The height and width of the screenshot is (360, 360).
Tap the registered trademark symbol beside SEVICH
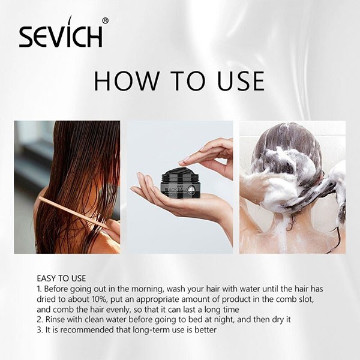pos(105,21)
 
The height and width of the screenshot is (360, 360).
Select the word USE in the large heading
pos(241,81)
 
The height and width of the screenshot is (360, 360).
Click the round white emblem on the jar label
pos(191,190)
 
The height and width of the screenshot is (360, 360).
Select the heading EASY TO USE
pos(61,278)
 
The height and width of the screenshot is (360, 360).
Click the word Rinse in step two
pos(55,319)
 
